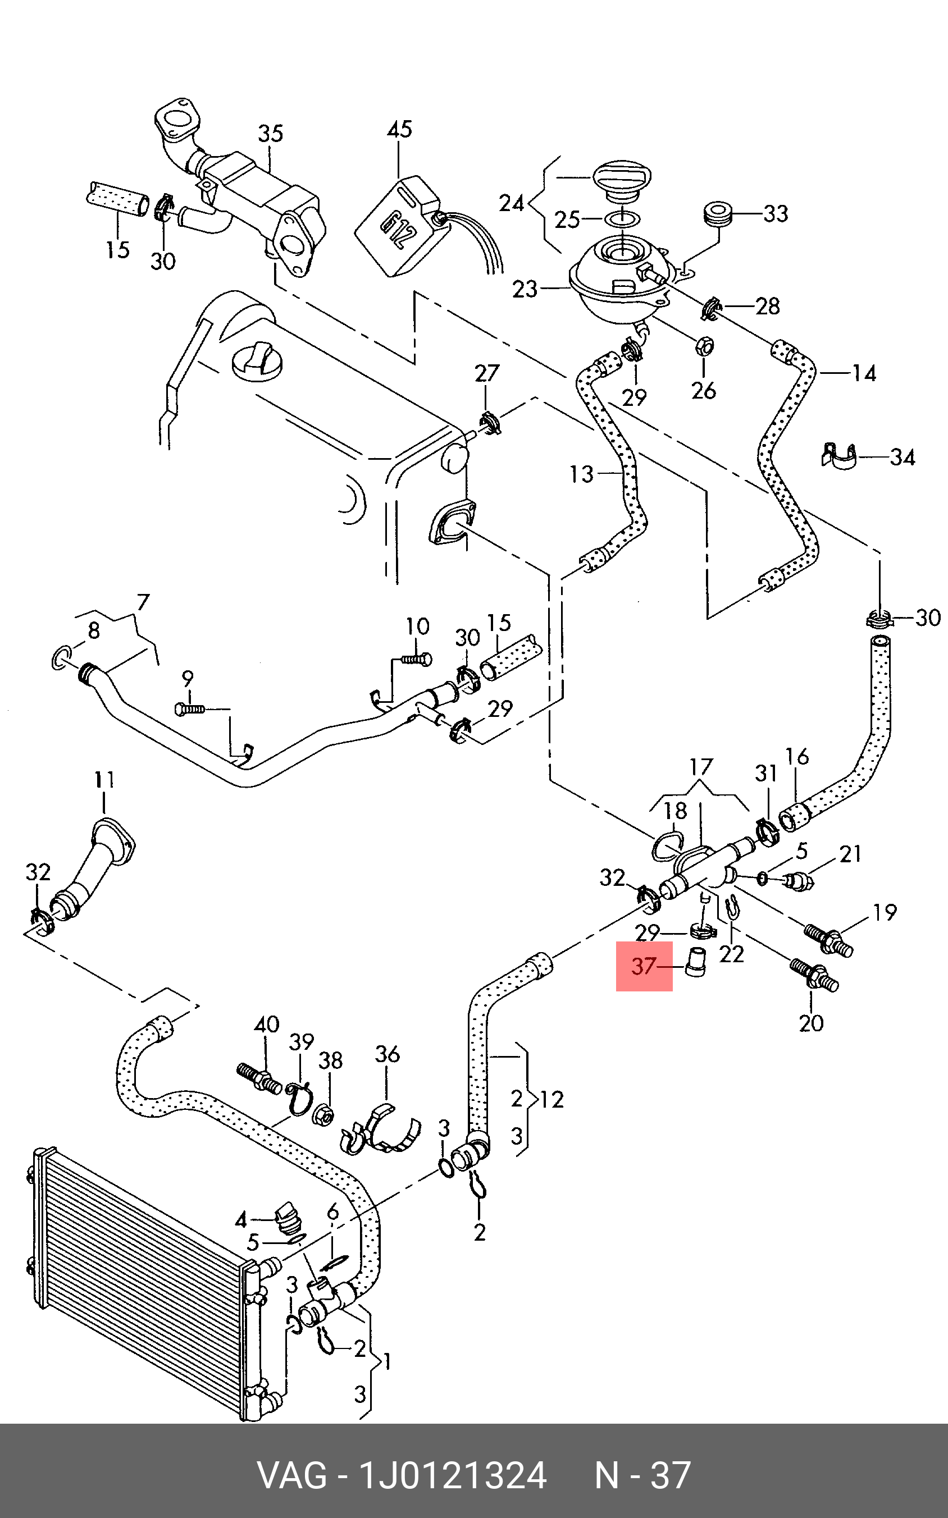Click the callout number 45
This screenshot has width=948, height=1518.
(399, 129)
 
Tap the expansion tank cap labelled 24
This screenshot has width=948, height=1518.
(622, 179)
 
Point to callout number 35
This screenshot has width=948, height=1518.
(270, 133)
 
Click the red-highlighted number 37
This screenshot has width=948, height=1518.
(643, 966)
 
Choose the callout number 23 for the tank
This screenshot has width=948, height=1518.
(525, 289)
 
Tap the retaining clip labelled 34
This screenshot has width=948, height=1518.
(839, 456)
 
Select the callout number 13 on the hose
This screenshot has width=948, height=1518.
(581, 474)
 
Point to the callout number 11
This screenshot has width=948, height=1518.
(104, 780)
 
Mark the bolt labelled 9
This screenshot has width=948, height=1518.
(189, 709)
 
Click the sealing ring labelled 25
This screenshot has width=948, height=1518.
(621, 219)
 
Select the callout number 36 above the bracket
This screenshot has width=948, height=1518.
(387, 1054)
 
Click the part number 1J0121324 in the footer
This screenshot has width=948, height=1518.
(452, 1475)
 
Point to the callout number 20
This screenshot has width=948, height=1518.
(811, 1023)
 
